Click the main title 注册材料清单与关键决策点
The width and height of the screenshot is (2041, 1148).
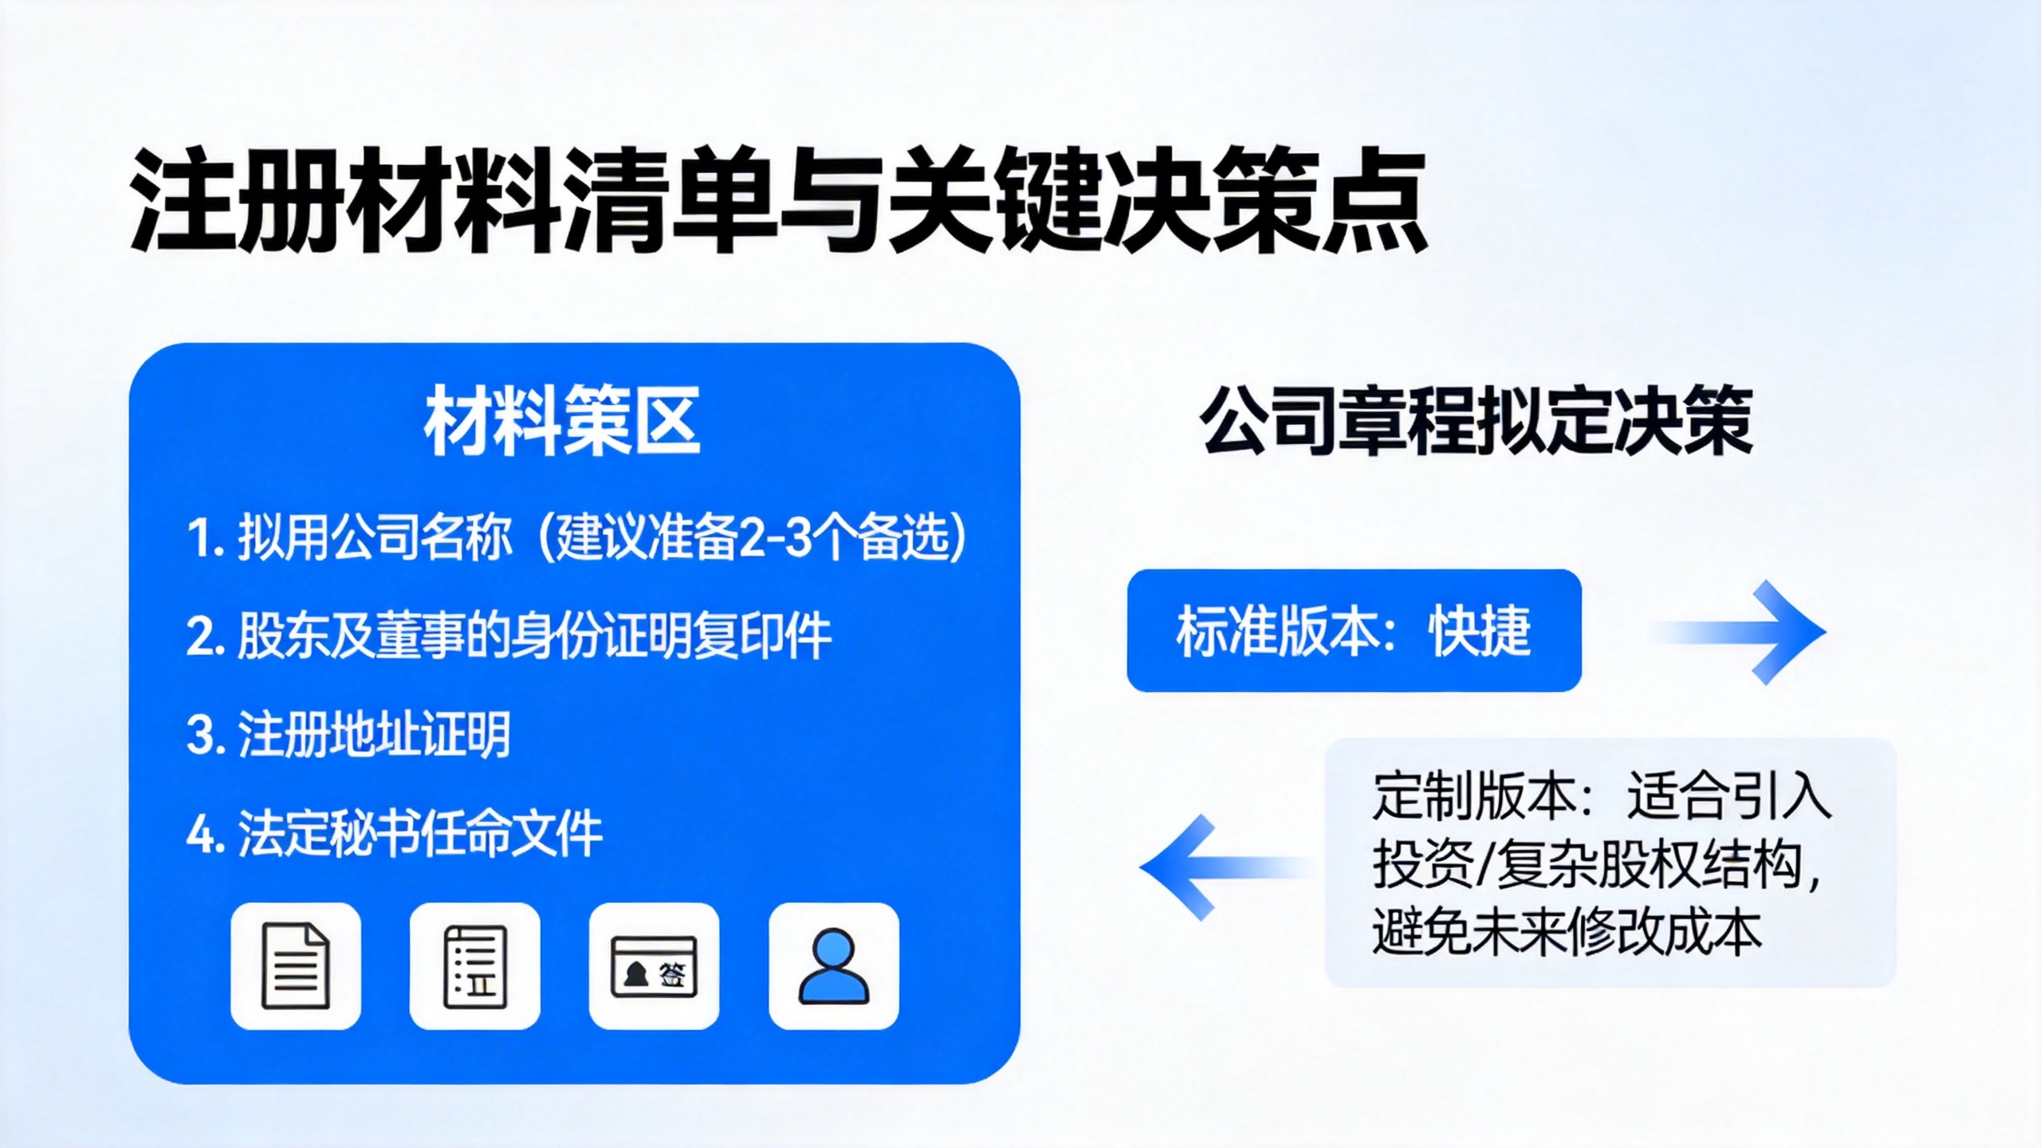[778, 200]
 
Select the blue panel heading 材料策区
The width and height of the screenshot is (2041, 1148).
[562, 421]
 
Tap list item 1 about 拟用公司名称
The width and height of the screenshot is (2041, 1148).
[576, 537]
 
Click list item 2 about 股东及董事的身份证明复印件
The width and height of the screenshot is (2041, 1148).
[509, 636]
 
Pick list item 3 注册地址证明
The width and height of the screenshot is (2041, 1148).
[348, 734]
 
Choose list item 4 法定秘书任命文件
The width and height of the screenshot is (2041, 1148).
[394, 833]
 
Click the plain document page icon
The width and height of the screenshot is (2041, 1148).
[296, 965]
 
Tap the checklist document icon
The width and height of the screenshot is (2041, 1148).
[475, 965]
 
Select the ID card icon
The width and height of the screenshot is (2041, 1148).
[654, 965]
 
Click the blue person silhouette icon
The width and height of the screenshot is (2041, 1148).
[834, 965]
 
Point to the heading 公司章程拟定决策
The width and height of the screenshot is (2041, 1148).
[1477, 420]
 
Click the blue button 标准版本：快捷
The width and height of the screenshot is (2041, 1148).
[1354, 631]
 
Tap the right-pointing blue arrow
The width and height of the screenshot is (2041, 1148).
[1738, 632]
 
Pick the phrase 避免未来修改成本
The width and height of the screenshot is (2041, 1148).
[1567, 932]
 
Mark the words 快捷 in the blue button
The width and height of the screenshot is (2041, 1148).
[1481, 631]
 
